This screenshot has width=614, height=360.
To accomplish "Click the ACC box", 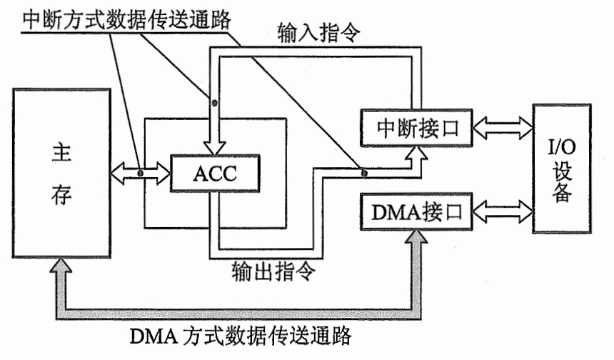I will coord(211,172).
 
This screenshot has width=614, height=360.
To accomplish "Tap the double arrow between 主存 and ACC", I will coord(141,173).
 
